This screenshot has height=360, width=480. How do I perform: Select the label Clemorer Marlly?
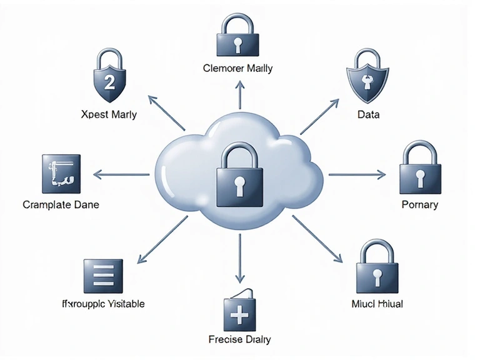click(x=238, y=69)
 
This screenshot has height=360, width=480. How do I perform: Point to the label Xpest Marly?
click(x=109, y=114)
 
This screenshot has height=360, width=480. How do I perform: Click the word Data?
click(x=368, y=115)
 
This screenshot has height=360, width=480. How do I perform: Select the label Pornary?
click(x=419, y=204)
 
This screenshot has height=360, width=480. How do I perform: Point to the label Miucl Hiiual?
click(x=377, y=304)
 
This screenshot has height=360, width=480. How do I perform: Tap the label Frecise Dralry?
click(x=239, y=339)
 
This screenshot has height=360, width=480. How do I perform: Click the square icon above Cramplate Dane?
click(x=61, y=172)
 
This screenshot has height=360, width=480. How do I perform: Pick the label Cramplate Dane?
click(x=61, y=204)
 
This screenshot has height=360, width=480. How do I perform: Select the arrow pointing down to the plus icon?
click(x=238, y=259)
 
